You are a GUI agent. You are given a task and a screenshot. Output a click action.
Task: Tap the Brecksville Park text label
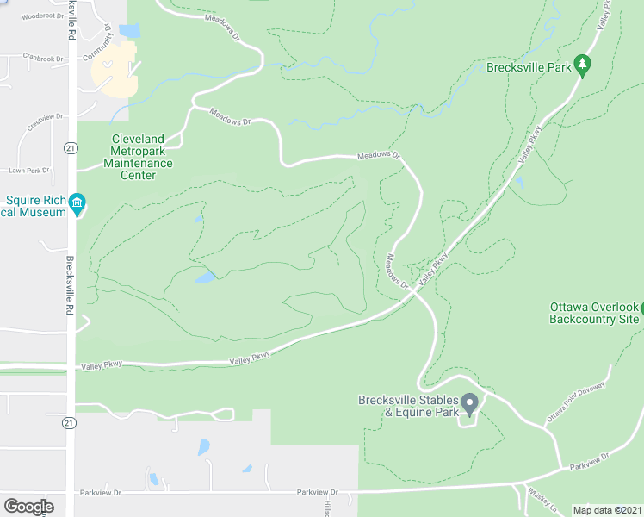point(529,67)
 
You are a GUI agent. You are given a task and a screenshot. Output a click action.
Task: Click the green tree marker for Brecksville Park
point(583,64)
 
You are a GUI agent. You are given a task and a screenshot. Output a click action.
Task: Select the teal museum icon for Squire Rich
point(77,203)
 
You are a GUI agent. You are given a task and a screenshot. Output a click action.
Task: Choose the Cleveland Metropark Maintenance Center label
point(138,157)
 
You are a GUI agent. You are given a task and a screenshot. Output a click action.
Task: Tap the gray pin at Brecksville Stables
point(469,402)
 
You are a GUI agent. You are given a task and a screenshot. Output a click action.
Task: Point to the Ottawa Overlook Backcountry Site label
point(595,313)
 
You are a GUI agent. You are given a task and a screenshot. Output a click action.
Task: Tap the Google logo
point(28,507)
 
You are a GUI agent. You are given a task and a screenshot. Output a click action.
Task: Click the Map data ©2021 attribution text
point(606,510)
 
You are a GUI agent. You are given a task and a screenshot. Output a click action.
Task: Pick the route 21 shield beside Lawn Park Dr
point(71,148)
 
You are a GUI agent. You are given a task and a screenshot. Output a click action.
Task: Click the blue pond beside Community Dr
point(129,31)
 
